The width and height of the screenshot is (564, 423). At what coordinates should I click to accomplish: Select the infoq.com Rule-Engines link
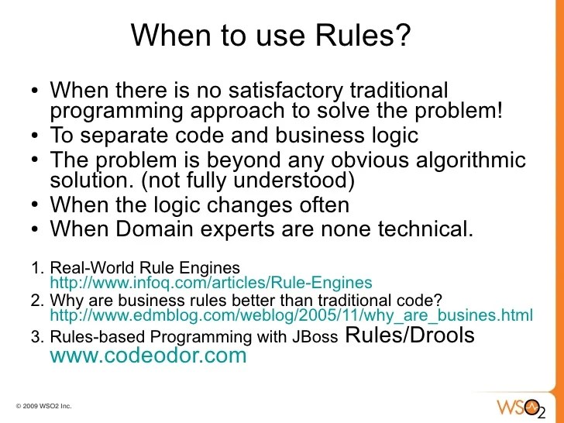coord(211,283)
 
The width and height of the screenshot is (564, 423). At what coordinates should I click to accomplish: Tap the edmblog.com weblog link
coord(291,315)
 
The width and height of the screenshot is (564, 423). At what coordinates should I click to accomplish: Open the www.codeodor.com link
coord(148,356)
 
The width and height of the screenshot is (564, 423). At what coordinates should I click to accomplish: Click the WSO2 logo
coord(520,406)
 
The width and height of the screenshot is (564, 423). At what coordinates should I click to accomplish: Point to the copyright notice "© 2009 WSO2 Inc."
coord(43,406)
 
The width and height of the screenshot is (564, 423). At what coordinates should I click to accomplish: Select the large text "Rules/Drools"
coord(409,335)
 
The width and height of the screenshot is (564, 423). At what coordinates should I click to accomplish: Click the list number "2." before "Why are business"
coord(36,299)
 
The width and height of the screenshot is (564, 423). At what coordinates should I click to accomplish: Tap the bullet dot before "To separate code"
coord(36,136)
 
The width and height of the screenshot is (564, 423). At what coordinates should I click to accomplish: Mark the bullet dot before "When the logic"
coord(36,206)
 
